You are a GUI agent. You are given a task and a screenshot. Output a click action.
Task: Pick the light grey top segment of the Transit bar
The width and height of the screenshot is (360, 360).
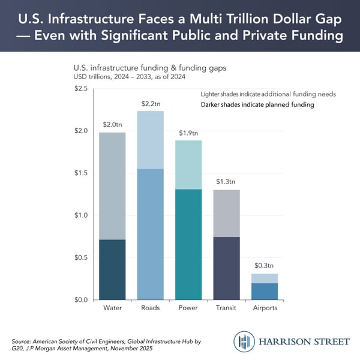pyautogui.click(x=226, y=213)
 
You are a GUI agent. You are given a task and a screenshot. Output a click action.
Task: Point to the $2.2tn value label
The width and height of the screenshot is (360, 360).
pyautogui.click(x=150, y=104)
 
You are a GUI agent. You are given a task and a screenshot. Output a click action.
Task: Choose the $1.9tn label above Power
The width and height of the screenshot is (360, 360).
pyautogui.click(x=188, y=133)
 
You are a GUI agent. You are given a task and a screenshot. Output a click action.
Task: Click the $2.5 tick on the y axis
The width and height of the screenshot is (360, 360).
pyautogui.click(x=80, y=89)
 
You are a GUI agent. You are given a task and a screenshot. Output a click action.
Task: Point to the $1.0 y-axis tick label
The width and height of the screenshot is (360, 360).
pyautogui.click(x=80, y=215)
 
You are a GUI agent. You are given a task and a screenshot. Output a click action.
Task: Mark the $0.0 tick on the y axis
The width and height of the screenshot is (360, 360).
pyautogui.click(x=80, y=300)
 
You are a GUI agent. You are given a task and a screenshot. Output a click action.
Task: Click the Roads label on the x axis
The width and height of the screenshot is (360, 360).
pyautogui.click(x=150, y=309)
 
